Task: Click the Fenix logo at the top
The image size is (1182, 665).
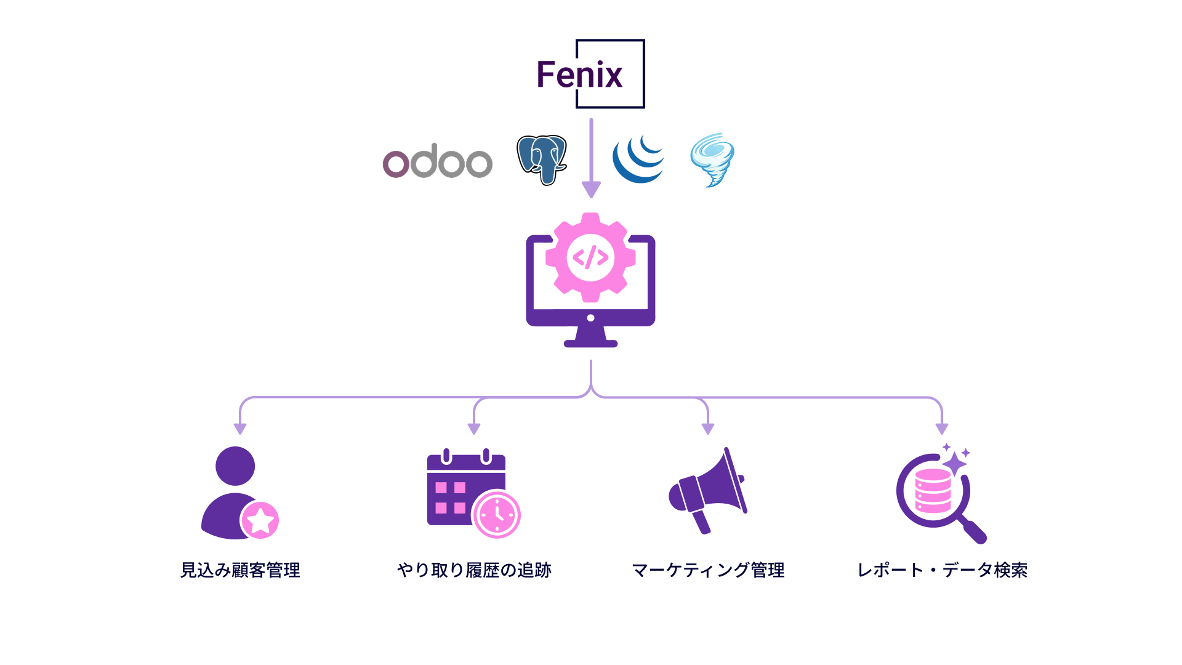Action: click(591, 74)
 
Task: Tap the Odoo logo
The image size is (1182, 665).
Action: click(438, 161)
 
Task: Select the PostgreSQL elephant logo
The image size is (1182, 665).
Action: click(542, 160)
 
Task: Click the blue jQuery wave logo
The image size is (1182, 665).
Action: click(638, 159)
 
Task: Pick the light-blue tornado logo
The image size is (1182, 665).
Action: click(712, 159)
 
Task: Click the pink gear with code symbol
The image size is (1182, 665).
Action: click(590, 257)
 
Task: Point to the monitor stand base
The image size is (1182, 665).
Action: click(590, 343)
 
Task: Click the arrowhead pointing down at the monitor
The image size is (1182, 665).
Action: click(591, 190)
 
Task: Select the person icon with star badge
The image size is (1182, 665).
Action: click(240, 493)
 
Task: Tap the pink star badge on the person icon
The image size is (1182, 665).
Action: click(260, 520)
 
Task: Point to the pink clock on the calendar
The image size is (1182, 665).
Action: click(497, 514)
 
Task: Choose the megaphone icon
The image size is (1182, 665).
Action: click(708, 490)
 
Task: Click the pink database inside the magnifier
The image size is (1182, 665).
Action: click(933, 491)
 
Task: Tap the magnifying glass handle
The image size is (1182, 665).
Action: click(973, 531)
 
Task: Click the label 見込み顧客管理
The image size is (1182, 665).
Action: click(240, 570)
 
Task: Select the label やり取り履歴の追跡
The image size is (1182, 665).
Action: click(474, 570)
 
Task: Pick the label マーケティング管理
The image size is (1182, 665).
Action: click(708, 570)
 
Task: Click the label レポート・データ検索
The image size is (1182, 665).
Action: click(943, 570)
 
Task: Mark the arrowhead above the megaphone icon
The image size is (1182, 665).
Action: click(708, 429)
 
